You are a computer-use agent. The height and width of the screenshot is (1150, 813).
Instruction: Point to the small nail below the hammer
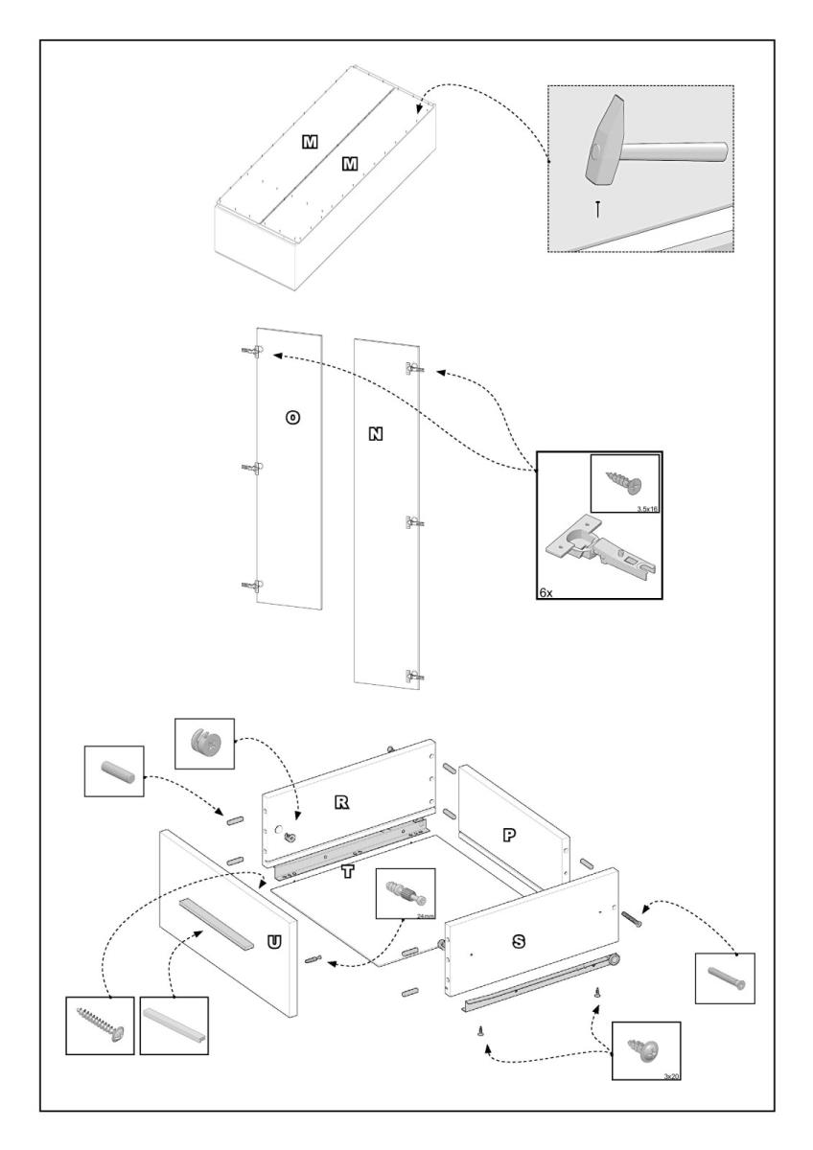tap(598, 208)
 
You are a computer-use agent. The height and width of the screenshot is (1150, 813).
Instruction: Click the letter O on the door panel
tap(293, 417)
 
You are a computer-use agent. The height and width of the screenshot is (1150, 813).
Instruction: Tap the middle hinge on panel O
tap(254, 468)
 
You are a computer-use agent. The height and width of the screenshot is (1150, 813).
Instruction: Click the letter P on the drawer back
tap(509, 835)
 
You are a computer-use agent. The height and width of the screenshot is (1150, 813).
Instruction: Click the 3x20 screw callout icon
tap(644, 1048)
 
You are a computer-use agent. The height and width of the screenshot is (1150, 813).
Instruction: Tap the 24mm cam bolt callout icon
tap(406, 896)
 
